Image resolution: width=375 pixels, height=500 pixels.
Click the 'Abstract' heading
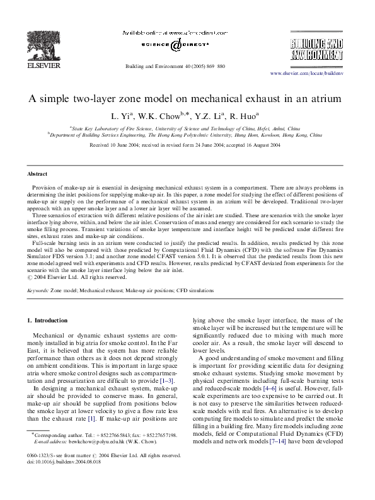pos(38,173)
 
